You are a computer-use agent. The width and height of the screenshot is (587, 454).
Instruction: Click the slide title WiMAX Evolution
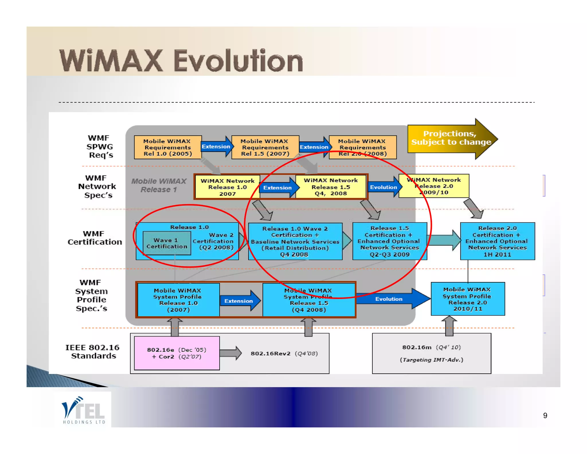click(x=181, y=61)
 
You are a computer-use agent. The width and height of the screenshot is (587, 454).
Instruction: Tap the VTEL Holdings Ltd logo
click(x=83, y=410)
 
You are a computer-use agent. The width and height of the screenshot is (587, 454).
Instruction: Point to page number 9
click(x=545, y=416)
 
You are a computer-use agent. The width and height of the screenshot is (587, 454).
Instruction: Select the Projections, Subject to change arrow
click(x=451, y=138)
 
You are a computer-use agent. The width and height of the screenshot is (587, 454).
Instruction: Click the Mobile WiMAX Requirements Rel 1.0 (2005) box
click(x=168, y=147)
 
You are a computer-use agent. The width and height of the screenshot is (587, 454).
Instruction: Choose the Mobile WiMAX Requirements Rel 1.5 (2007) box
click(x=265, y=147)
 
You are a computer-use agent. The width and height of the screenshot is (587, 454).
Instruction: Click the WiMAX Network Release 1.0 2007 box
click(x=227, y=187)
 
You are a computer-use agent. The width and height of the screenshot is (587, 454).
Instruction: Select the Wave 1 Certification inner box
click(x=167, y=243)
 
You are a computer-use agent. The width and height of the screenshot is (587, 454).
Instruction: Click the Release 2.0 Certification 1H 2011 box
click(x=497, y=241)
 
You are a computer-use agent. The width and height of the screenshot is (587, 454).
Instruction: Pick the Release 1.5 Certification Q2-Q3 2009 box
click(x=389, y=241)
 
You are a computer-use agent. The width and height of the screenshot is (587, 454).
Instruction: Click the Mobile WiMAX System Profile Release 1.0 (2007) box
click(x=178, y=300)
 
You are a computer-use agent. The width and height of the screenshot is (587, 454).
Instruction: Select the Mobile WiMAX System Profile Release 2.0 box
click(x=467, y=299)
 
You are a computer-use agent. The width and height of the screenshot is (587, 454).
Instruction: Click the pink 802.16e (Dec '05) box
click(x=177, y=353)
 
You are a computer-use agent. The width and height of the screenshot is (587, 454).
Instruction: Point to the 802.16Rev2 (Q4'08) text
click(x=284, y=353)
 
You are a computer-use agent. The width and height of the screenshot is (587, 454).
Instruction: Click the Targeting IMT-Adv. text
click(x=431, y=360)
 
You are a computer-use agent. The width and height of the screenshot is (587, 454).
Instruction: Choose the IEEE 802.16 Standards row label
click(x=93, y=352)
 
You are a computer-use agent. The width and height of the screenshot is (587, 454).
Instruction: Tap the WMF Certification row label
click(x=94, y=238)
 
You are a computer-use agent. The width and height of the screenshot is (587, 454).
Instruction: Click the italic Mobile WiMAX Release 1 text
click(x=159, y=185)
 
